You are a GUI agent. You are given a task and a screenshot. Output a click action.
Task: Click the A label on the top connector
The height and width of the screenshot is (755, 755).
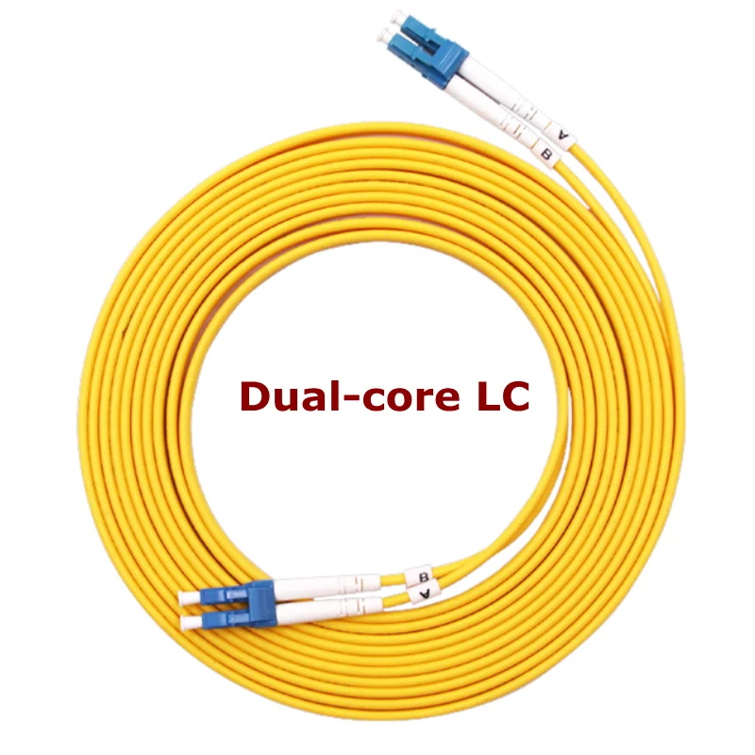tap(564, 135)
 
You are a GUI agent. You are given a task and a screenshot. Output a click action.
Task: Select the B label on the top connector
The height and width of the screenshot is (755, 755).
tap(545, 150)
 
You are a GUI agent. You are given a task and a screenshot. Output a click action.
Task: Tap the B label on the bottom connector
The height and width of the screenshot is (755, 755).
tap(424, 576)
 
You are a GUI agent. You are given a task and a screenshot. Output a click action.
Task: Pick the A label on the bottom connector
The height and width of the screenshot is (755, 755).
tap(425, 594)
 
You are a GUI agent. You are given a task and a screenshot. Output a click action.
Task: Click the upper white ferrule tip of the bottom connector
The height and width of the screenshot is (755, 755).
tap(190, 596)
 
